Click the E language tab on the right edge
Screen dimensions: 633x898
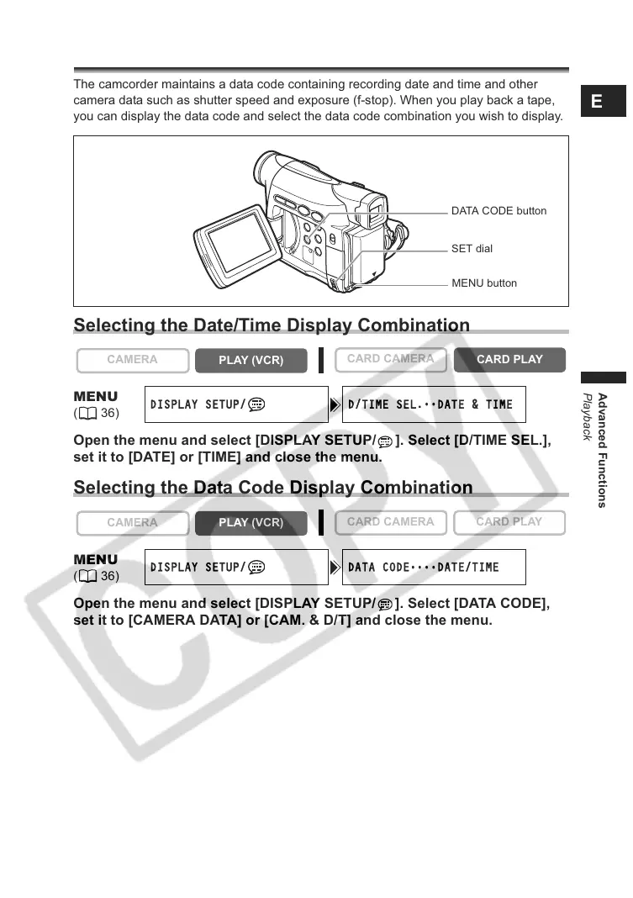597,102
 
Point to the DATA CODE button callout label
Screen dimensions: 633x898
498,211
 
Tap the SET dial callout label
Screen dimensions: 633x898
472,249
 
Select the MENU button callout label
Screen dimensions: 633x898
484,283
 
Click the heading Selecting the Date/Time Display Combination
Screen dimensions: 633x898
272,325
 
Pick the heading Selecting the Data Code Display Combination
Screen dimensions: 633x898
273,488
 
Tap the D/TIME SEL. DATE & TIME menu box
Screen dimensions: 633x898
434,404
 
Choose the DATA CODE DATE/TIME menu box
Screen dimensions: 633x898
434,568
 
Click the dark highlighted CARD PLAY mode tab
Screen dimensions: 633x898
509,360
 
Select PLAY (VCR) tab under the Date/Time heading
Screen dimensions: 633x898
251,361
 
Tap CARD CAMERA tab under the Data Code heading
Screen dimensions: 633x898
390,522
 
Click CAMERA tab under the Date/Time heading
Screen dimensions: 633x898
132,360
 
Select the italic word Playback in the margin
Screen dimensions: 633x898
588,416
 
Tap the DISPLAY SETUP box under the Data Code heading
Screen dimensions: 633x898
236,568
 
